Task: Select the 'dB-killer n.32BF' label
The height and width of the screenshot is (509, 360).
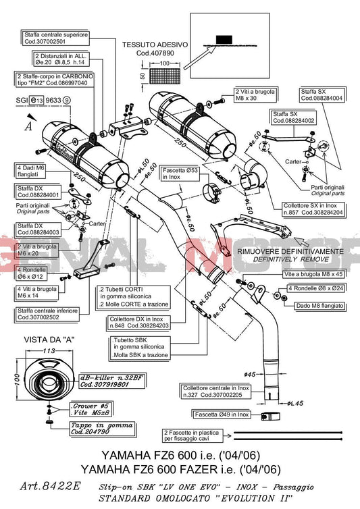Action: click(x=105, y=381)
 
